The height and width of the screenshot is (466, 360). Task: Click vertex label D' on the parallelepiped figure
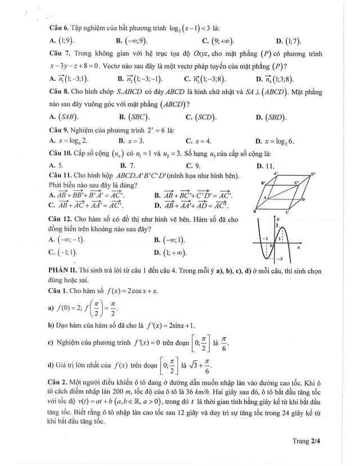click(x=313, y=174)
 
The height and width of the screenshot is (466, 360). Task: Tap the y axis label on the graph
click(x=277, y=217)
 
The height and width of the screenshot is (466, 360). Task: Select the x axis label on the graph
click(x=298, y=248)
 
